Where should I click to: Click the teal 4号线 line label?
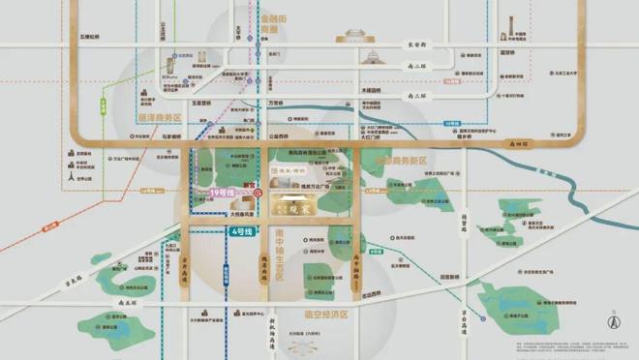click(x=241, y=232)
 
